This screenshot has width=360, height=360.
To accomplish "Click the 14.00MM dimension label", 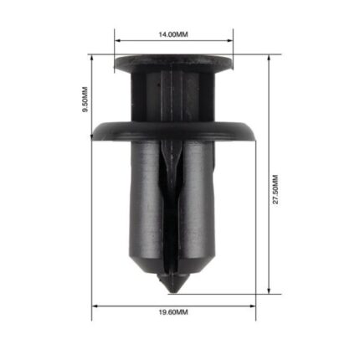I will point(173,34).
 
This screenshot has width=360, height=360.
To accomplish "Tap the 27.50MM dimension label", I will point(275,191).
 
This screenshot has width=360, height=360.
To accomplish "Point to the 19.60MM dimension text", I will point(174,312).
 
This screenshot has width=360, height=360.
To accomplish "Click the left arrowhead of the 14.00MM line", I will point(116,40).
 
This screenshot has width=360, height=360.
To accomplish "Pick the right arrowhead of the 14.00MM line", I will point(232,40).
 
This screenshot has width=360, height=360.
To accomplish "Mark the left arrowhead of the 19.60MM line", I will point(95,306).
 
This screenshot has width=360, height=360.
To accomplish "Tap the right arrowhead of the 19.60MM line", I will point(255,306).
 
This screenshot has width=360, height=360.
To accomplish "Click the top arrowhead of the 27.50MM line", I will point(269,59).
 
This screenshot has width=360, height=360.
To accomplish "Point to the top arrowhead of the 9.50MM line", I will point(91,59).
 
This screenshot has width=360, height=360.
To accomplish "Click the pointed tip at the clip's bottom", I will point(173,288).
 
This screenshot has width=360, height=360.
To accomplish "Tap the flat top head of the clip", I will point(173,62).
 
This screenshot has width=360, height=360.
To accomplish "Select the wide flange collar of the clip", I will point(173,131).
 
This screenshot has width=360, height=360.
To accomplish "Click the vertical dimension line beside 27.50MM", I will point(269,126).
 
